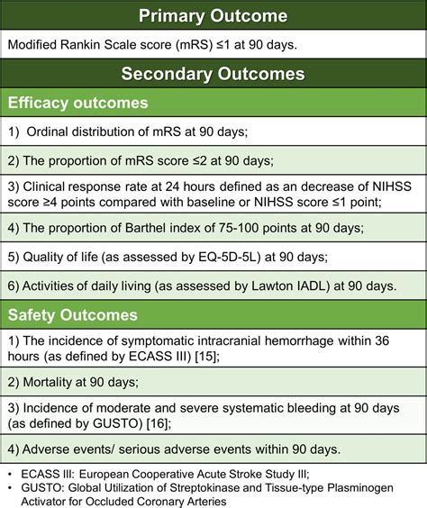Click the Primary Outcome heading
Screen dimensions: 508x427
point(213,16)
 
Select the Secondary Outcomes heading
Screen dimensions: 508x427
point(213,74)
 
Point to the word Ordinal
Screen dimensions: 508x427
point(53,132)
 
